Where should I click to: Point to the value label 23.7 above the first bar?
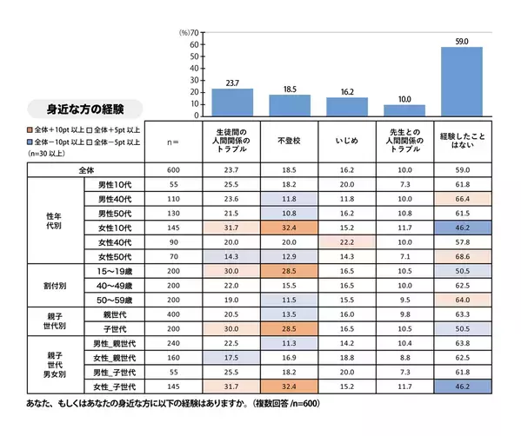[232, 83]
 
